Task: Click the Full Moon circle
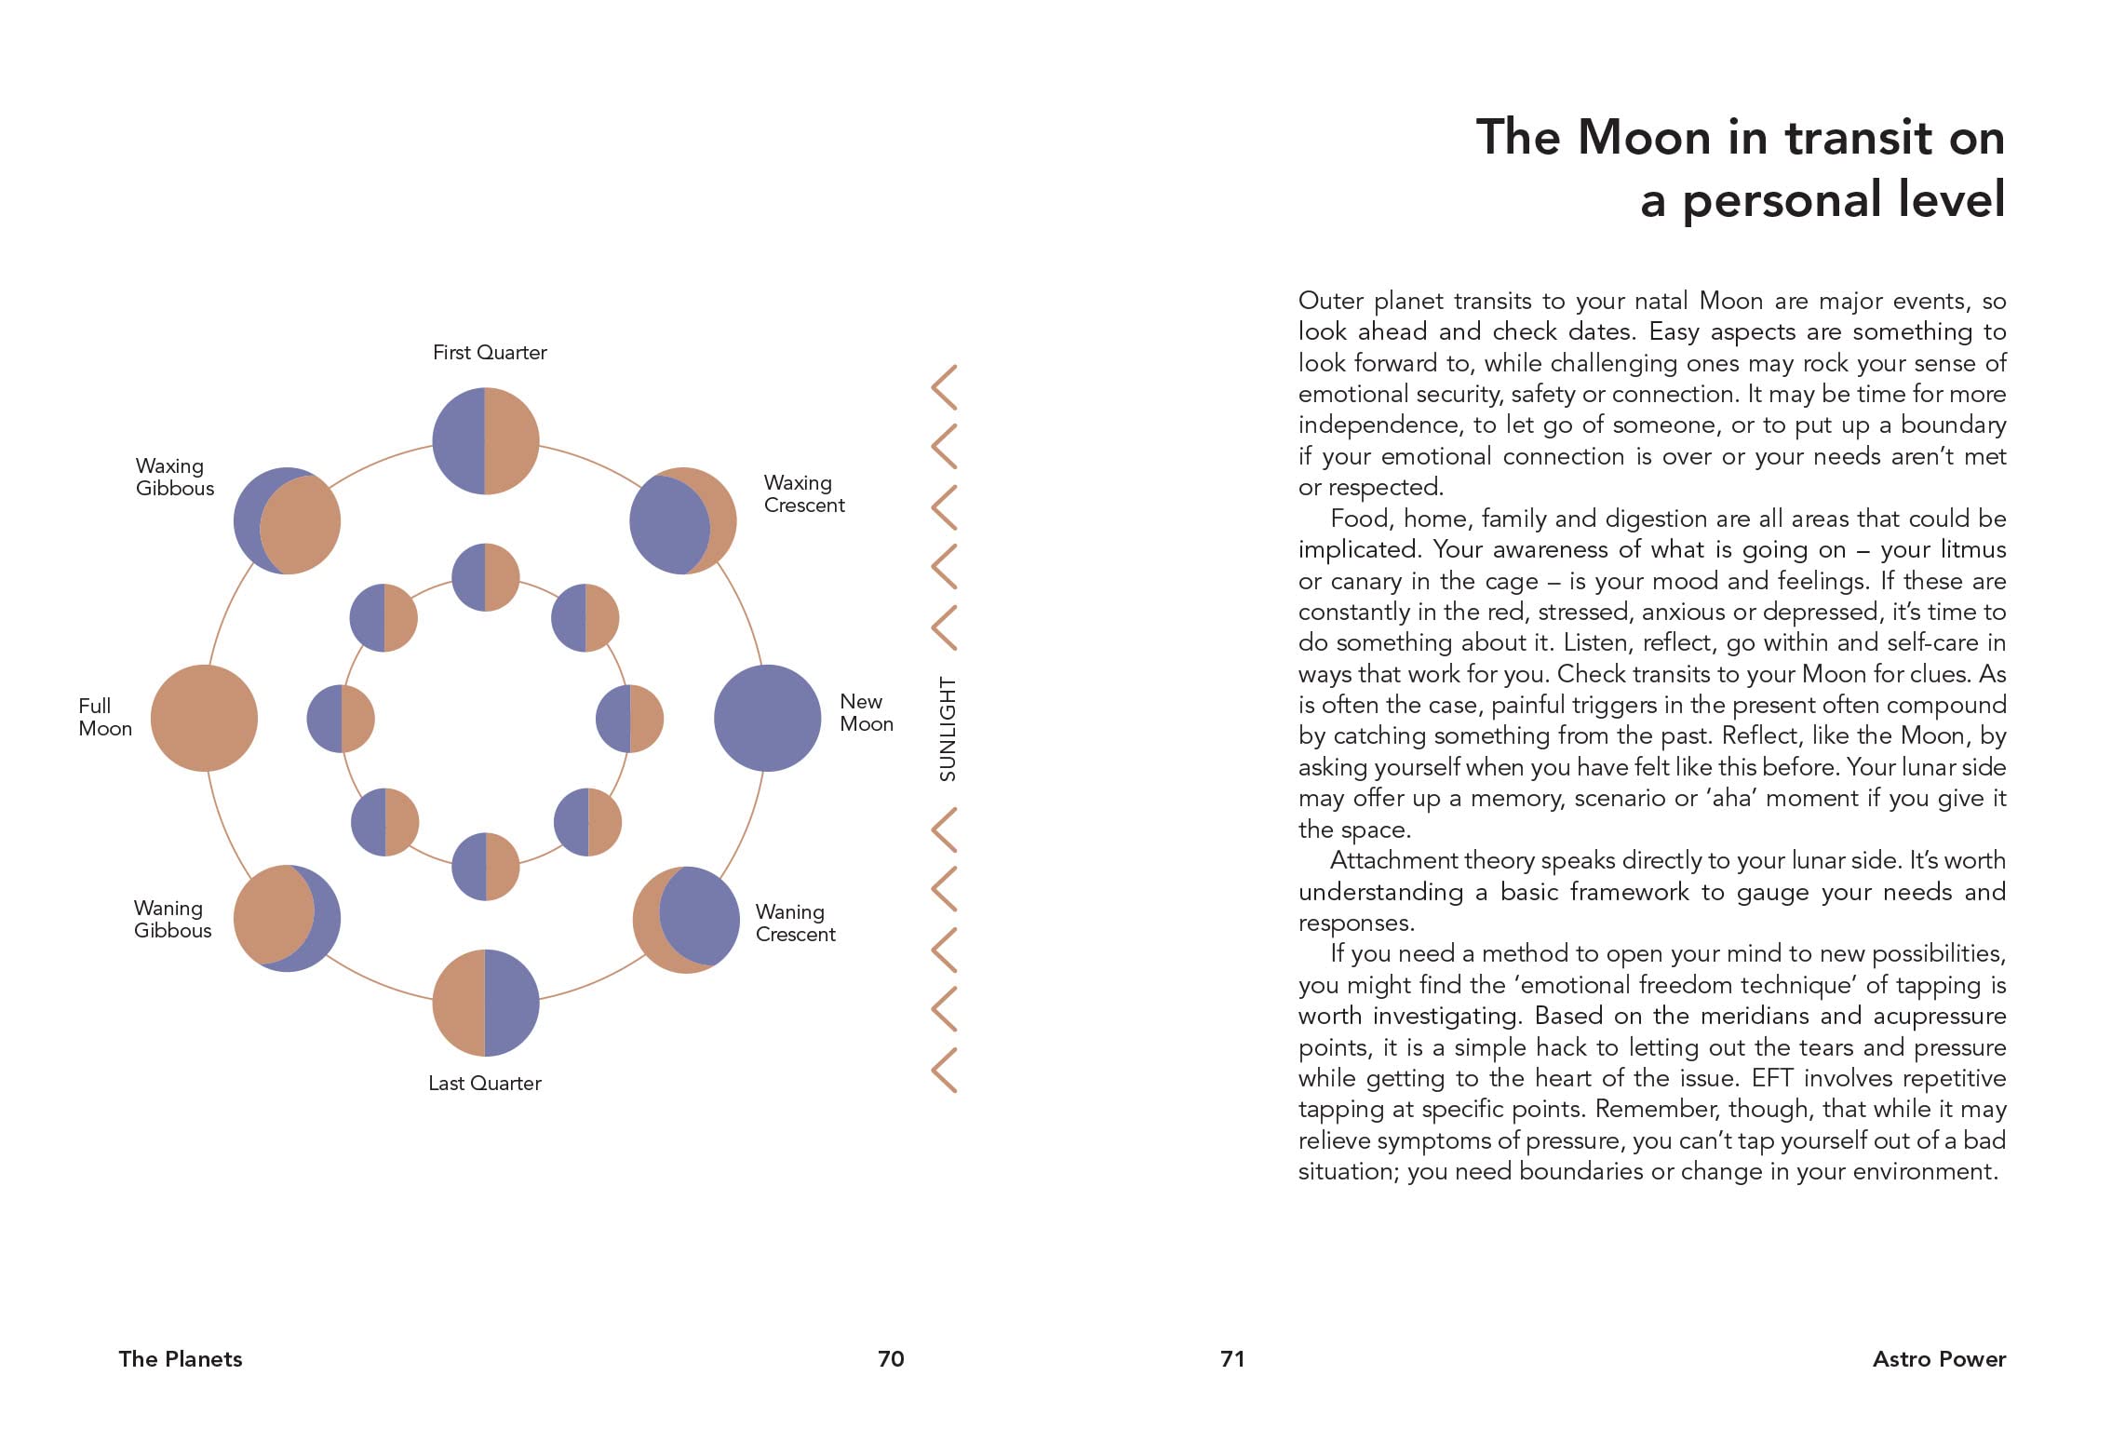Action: (x=204, y=718)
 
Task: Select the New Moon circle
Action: (x=767, y=718)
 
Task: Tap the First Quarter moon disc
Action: (x=486, y=440)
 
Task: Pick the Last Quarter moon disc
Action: (x=486, y=1003)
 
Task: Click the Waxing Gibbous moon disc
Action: (x=287, y=520)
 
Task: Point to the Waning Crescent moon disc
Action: (x=686, y=920)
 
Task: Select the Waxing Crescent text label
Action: (x=803, y=493)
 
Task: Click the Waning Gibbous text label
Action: (x=172, y=919)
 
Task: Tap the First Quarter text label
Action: (x=490, y=353)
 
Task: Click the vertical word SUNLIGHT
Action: (x=948, y=728)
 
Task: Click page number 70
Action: (x=891, y=1359)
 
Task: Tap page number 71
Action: (x=1232, y=1359)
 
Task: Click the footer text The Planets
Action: (x=181, y=1359)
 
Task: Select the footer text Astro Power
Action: (x=1939, y=1359)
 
